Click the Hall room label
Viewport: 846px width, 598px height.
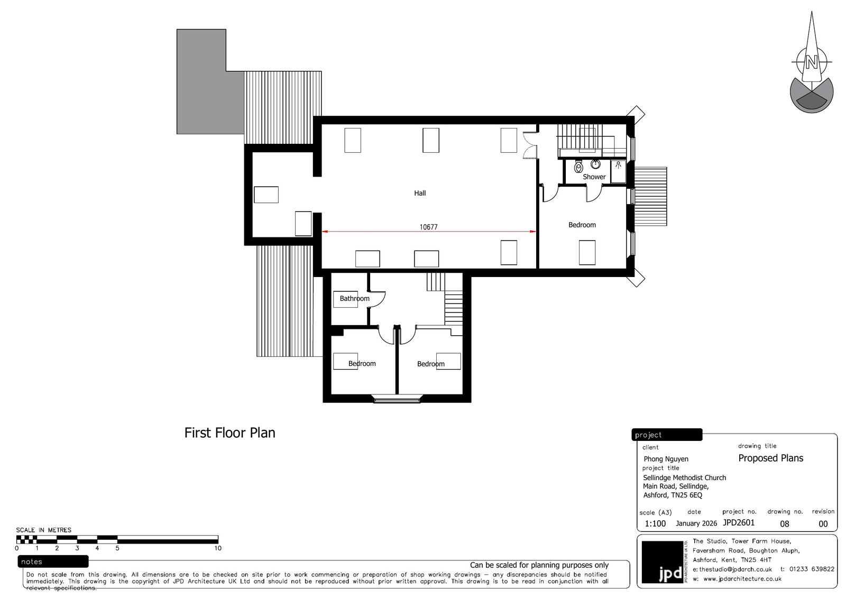(420, 193)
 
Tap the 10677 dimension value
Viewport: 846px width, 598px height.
(428, 227)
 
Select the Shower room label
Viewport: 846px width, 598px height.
(594, 177)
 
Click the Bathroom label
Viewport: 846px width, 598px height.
(354, 298)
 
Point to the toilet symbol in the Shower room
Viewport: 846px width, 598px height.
(578, 166)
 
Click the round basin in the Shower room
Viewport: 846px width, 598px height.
(595, 164)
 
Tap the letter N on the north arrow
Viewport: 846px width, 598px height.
(811, 62)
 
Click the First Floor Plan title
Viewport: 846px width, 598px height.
(229, 433)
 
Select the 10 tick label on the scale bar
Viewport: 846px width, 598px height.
(217, 548)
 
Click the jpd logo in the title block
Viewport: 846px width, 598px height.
(664, 562)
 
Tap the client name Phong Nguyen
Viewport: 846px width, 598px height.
(666, 459)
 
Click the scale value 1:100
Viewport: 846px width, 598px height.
(655, 523)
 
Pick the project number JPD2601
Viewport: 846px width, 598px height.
(739, 523)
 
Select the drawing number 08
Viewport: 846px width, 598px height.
(785, 524)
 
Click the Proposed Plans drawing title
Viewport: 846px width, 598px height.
(770, 458)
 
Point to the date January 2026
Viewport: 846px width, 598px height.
(696, 523)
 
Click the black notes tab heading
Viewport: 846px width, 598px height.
(53, 562)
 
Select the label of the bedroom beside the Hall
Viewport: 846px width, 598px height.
(582, 225)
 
